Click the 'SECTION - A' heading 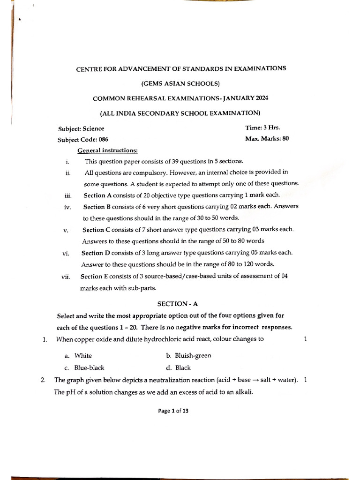click(x=180, y=304)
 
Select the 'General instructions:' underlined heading click(x=107, y=150)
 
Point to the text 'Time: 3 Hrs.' click(x=262, y=127)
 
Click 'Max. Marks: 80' click(x=266, y=139)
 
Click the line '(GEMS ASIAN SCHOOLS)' click(x=180, y=83)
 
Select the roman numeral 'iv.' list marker click(x=68, y=207)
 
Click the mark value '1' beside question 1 click(x=305, y=339)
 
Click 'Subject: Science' click(x=81, y=128)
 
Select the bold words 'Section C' click(x=95, y=230)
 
